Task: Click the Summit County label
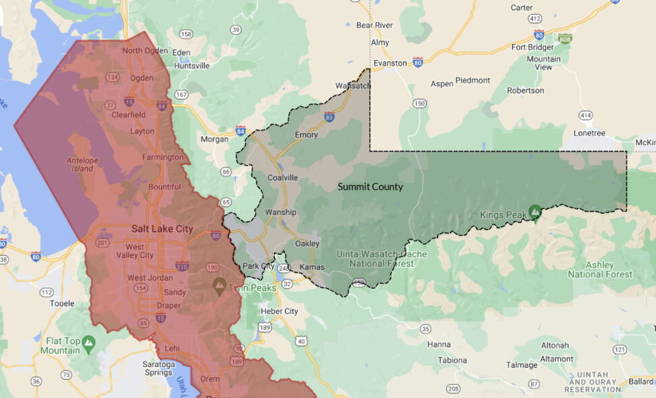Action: point(370,186)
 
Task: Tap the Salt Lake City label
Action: point(162,228)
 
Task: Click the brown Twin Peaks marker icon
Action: point(219,285)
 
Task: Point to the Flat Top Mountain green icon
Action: point(88,345)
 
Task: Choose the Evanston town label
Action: point(389,63)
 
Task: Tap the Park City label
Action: point(256,266)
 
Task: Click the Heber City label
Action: point(279,311)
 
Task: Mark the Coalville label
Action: point(283,178)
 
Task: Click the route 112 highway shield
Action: point(47,292)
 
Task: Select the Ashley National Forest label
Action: point(600,270)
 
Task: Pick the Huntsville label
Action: point(192,66)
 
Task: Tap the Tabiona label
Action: point(452,360)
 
